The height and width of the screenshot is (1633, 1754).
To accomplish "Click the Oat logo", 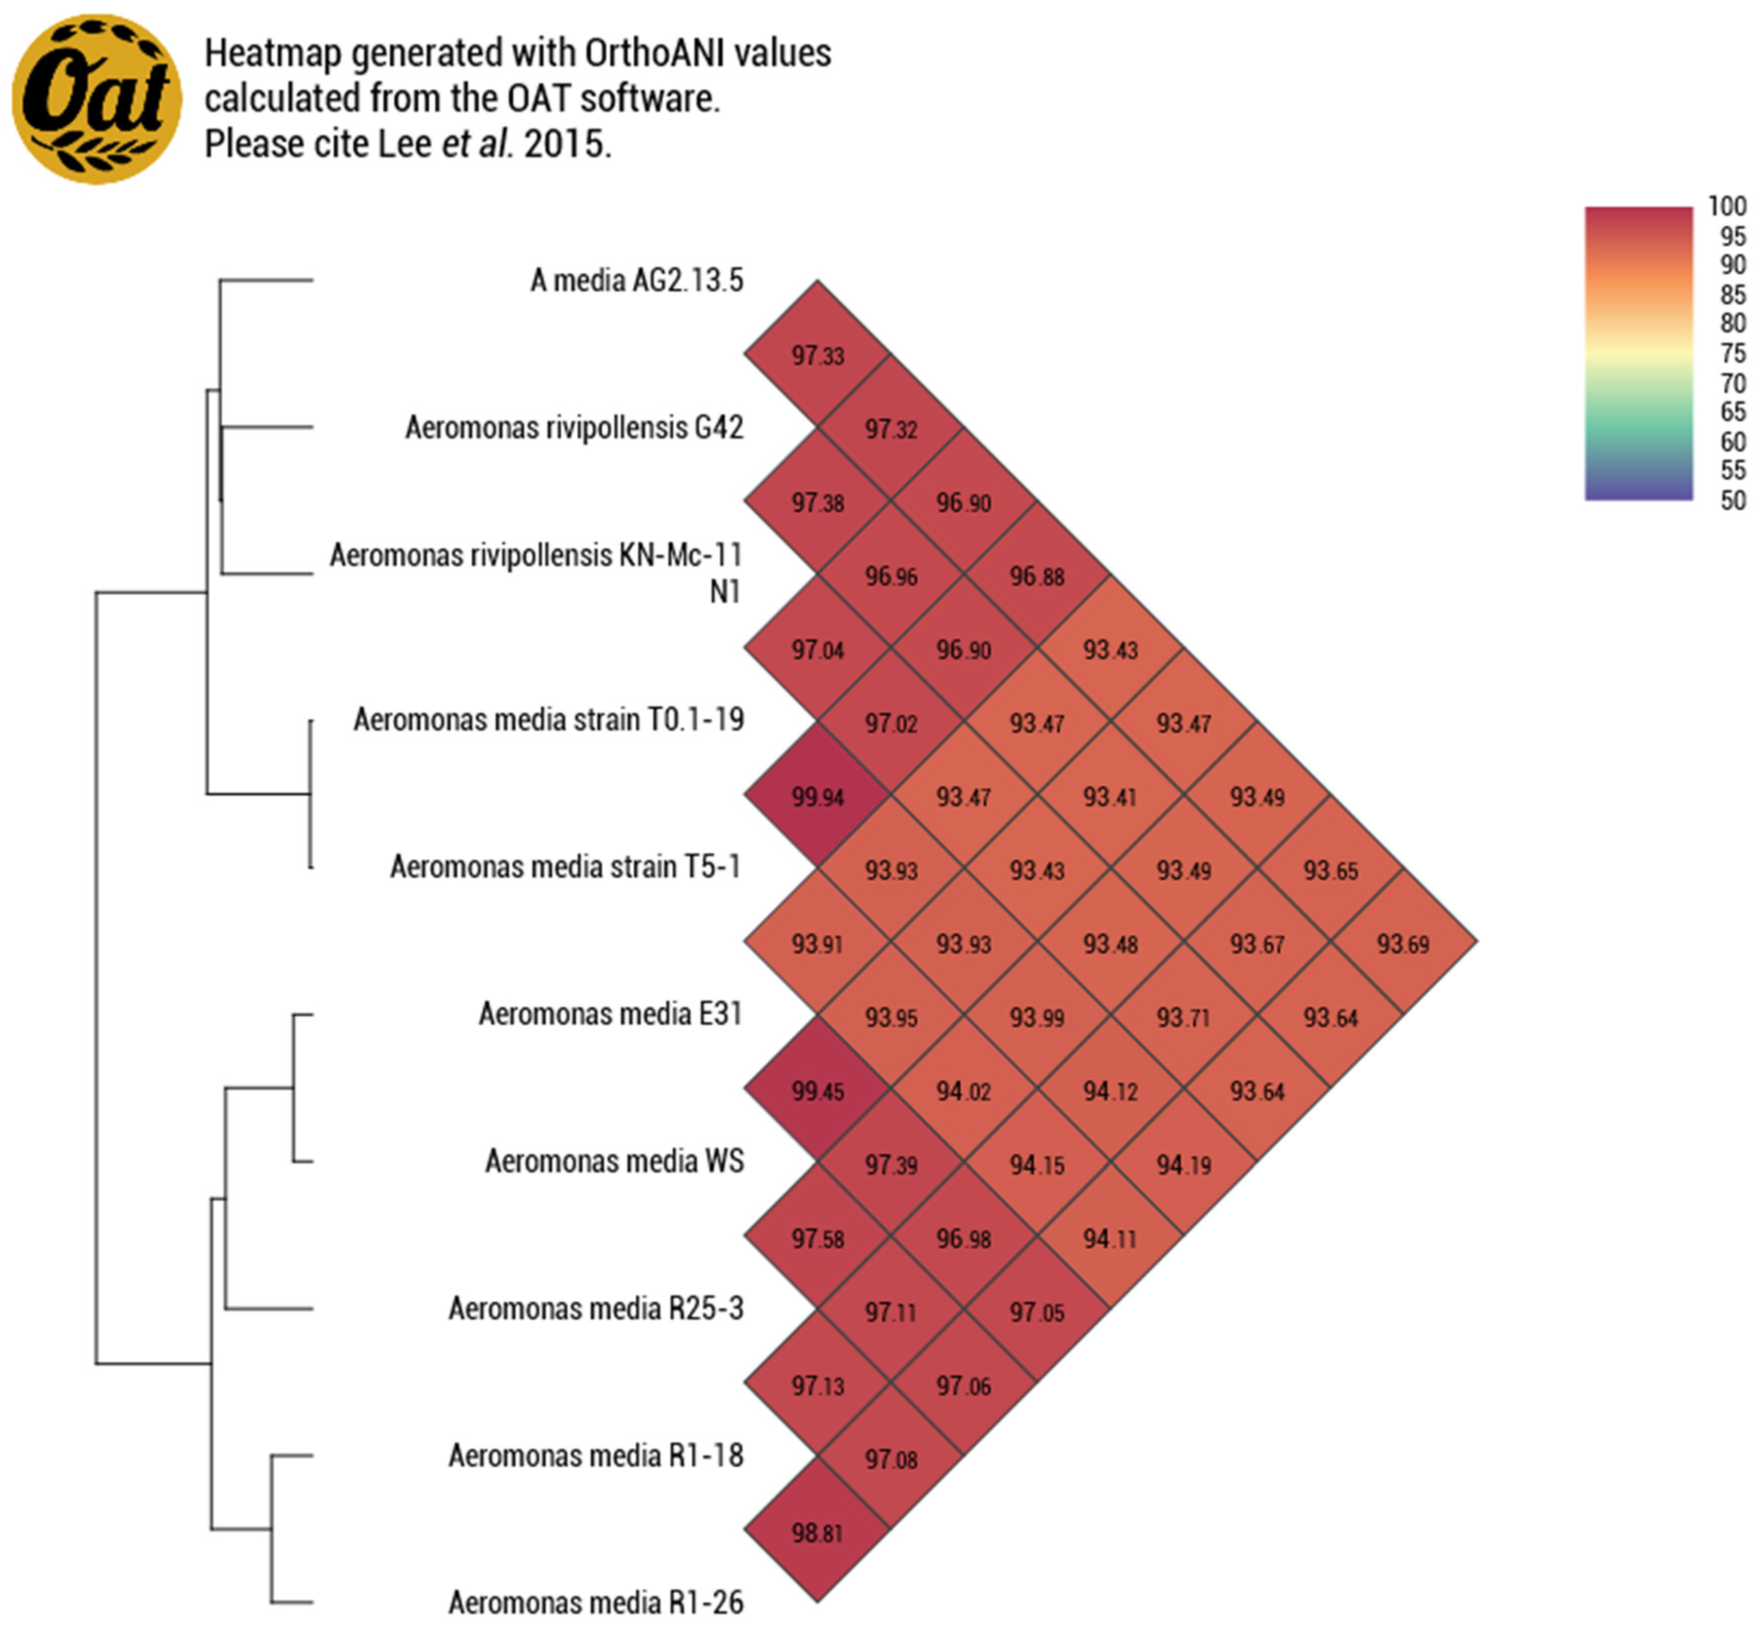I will (x=96, y=99).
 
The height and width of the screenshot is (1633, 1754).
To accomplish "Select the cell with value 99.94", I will (x=817, y=797).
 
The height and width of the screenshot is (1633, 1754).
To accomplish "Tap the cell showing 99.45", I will (x=817, y=1091).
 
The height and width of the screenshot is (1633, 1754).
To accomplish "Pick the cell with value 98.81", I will (x=817, y=1532).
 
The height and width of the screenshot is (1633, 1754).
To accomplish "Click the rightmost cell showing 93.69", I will (x=1403, y=944).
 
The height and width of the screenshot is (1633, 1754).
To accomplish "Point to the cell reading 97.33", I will (x=817, y=356).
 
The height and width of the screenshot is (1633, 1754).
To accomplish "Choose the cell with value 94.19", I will (x=1183, y=1165).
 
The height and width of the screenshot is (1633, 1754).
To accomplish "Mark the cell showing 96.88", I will (x=1037, y=576).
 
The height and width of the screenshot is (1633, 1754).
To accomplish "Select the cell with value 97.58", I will (x=817, y=1238).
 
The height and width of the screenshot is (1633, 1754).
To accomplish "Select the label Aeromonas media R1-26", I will (x=596, y=1602).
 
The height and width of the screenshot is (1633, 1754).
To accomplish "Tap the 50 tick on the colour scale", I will (x=1732, y=500).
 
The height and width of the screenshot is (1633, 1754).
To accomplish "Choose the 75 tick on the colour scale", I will (x=1732, y=353).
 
